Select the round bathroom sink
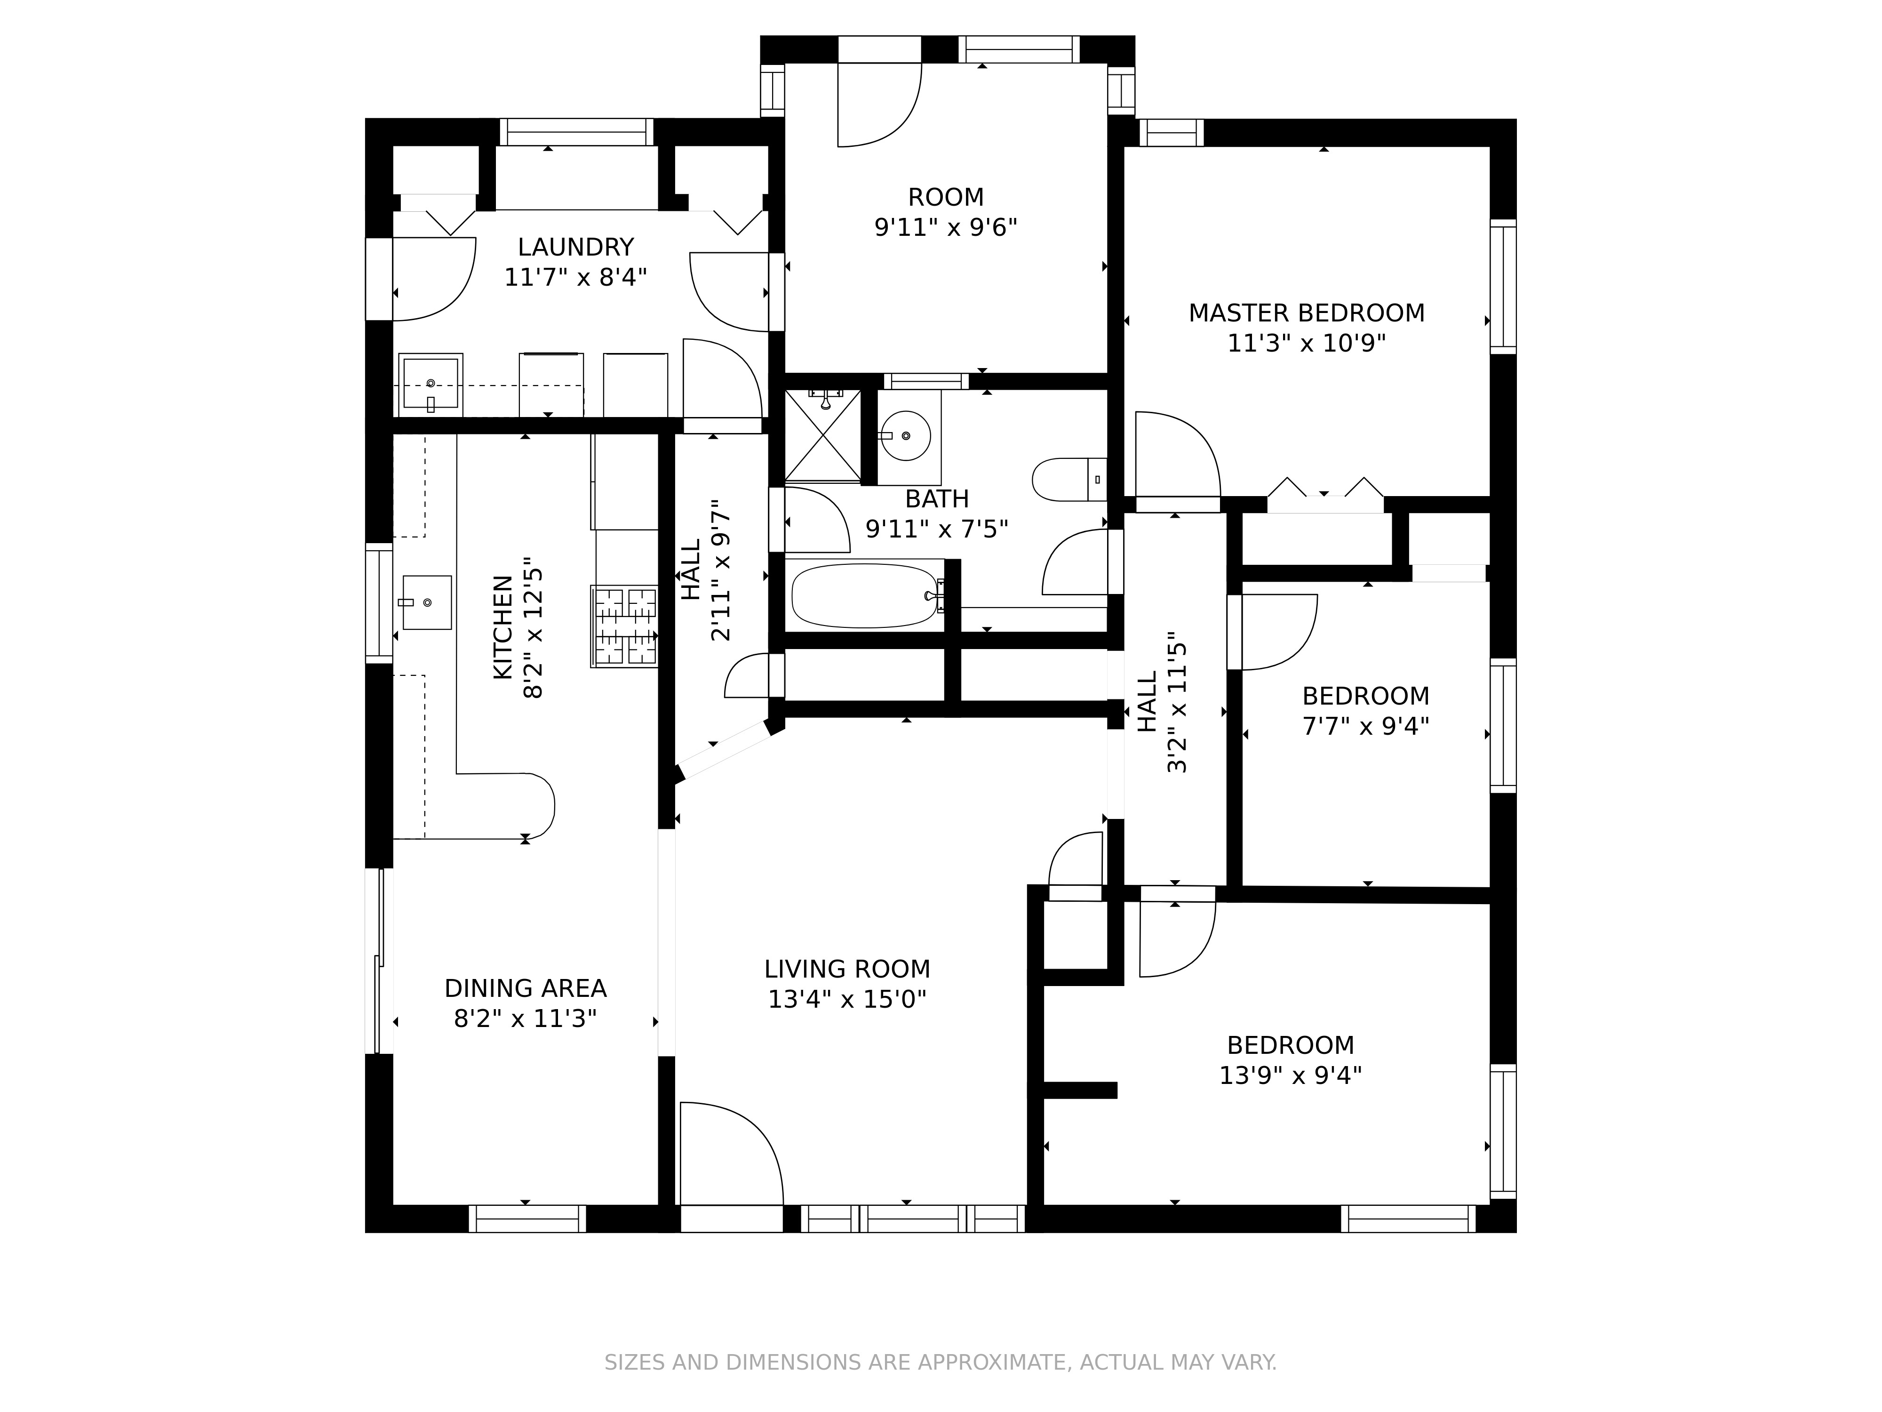(x=905, y=436)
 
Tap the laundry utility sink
(x=431, y=385)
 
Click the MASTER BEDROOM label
(x=1306, y=313)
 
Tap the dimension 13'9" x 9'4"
(x=1290, y=1076)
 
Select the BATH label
(x=937, y=499)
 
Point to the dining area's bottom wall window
(x=527, y=1219)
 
